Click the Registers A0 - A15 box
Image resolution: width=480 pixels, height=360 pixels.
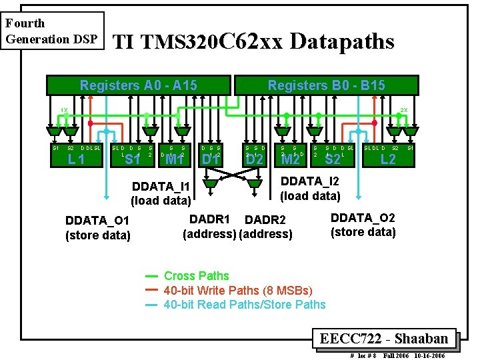[x=138, y=85]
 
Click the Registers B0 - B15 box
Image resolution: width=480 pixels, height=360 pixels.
[x=325, y=85]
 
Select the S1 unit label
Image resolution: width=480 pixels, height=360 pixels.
[x=133, y=159]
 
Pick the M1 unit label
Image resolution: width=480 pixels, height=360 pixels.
[x=174, y=159]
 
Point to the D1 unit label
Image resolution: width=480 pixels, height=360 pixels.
[x=211, y=159]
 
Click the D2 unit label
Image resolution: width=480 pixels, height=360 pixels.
[x=255, y=159]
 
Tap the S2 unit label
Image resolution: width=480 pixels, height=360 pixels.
[x=333, y=159]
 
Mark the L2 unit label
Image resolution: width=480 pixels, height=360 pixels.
[x=387, y=159]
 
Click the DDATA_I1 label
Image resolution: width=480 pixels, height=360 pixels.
[x=161, y=186]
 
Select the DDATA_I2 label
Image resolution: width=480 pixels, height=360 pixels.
[x=310, y=181]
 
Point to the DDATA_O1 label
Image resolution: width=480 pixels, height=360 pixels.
[x=97, y=221]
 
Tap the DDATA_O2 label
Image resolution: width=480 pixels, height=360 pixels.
[x=363, y=218]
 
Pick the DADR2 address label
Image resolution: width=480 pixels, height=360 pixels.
[x=265, y=220]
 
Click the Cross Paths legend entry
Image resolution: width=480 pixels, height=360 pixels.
[x=196, y=276]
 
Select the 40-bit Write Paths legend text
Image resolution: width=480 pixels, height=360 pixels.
[x=237, y=290]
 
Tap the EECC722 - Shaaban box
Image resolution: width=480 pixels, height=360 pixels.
[x=387, y=338]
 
